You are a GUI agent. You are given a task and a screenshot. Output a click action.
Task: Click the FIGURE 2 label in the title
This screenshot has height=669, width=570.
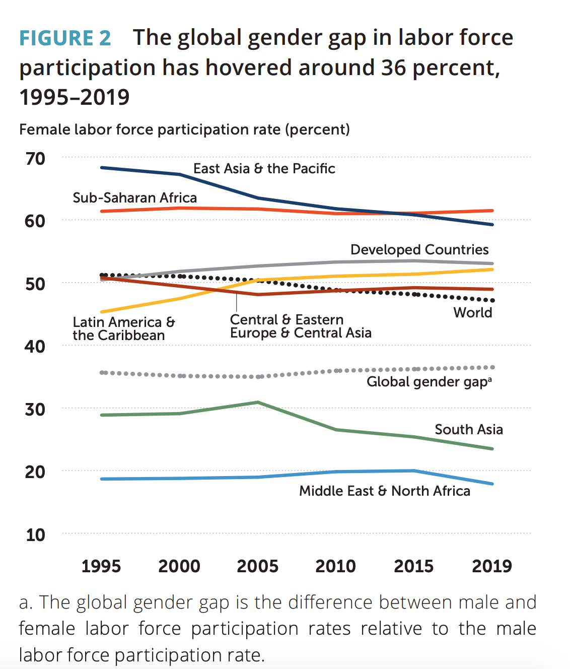(65, 38)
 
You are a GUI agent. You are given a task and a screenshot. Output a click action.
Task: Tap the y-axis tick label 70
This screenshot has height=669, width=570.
(35, 159)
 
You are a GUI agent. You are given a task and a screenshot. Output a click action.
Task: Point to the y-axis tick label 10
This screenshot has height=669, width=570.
(35, 534)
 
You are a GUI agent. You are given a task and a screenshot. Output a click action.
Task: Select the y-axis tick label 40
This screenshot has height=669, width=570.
(35, 347)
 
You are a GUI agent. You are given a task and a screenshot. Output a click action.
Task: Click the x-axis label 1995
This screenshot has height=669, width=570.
(101, 566)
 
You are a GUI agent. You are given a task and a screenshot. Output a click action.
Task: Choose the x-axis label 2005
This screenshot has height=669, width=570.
(257, 566)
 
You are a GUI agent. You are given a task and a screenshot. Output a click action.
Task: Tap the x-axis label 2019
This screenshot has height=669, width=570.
(492, 566)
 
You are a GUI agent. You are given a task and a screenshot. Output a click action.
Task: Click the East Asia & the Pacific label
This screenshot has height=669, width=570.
(264, 169)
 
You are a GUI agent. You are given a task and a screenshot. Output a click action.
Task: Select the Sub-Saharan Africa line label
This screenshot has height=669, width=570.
(134, 198)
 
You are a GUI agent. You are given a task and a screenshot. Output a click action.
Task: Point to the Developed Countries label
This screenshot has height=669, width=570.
(419, 250)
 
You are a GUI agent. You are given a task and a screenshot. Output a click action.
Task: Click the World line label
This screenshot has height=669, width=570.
(473, 313)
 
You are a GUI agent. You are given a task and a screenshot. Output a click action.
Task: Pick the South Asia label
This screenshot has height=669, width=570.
(468, 430)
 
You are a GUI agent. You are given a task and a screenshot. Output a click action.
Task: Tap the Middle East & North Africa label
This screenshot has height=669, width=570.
(385, 491)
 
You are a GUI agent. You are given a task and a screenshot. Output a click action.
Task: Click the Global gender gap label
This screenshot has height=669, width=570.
(429, 382)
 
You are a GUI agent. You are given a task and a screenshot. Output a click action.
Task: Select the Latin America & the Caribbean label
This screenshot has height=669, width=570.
(123, 328)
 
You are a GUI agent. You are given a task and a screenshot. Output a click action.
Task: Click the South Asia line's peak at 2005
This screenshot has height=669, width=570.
(258, 402)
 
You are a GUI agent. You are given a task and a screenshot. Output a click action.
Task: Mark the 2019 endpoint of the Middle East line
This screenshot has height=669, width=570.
(492, 484)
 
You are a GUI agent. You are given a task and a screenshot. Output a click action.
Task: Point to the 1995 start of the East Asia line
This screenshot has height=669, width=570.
(102, 167)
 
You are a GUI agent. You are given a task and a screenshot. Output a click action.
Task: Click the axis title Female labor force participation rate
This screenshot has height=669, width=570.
(184, 130)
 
